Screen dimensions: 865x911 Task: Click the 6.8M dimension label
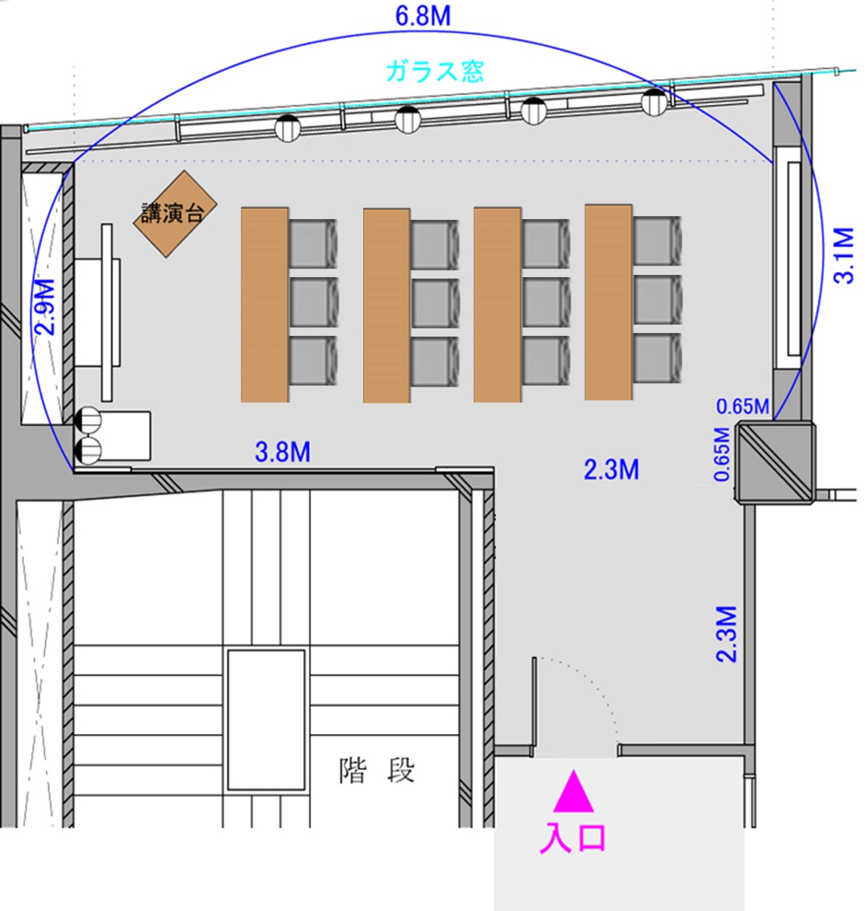click(x=423, y=15)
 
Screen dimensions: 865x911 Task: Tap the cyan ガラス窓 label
click(x=435, y=71)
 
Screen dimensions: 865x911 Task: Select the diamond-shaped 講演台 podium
click(x=175, y=214)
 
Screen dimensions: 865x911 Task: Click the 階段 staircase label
click(x=377, y=770)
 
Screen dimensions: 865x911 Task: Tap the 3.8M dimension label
click(x=283, y=452)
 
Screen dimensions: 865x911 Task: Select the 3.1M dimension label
click(x=843, y=255)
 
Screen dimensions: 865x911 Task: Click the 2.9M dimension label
click(x=46, y=306)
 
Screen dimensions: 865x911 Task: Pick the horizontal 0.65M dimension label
click(x=742, y=406)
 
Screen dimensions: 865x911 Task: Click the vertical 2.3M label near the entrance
click(x=727, y=634)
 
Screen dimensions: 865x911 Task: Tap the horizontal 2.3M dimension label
click(x=611, y=469)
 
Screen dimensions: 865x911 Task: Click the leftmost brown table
click(x=265, y=305)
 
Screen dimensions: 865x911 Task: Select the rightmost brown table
click(x=608, y=302)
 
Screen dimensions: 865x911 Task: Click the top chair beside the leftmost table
click(x=313, y=244)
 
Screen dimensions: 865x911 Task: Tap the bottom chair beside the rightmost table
click(x=658, y=358)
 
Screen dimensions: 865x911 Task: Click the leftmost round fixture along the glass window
click(x=288, y=128)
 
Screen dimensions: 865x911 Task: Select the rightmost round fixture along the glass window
click(x=654, y=102)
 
